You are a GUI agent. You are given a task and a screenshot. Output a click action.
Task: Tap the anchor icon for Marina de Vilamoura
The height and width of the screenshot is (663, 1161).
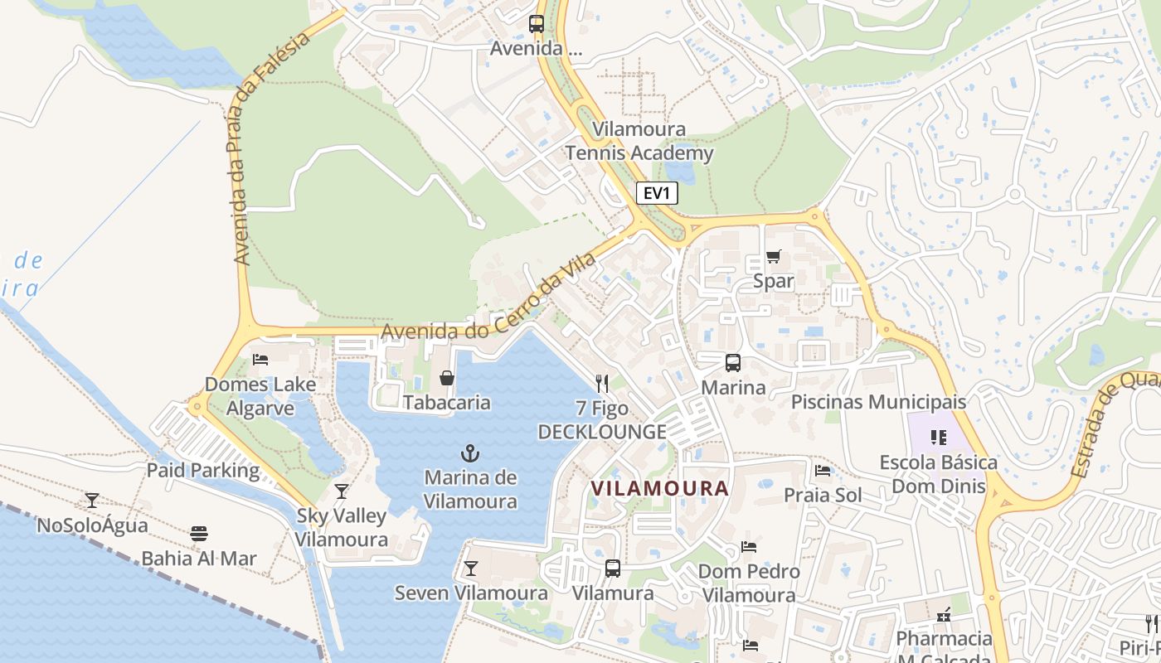pyautogui.click(x=470, y=453)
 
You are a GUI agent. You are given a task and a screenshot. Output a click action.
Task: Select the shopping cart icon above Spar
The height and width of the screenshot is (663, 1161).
pyautogui.click(x=773, y=256)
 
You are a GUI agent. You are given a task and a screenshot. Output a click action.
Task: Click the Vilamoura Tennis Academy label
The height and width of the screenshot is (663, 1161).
pyautogui.click(x=639, y=141)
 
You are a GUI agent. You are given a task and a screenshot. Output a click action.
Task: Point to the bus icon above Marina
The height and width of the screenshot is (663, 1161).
pyautogui.click(x=733, y=362)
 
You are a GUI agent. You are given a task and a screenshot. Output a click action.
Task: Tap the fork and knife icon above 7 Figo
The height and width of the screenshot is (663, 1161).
pyautogui.click(x=602, y=383)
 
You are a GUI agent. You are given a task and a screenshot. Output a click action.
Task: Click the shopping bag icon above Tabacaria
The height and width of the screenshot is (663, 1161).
pyautogui.click(x=447, y=378)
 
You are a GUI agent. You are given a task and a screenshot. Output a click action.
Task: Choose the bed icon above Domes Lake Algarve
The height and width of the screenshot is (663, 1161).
pyautogui.click(x=260, y=360)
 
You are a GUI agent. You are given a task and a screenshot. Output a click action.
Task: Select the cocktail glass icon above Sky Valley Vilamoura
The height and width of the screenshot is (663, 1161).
pyautogui.click(x=342, y=491)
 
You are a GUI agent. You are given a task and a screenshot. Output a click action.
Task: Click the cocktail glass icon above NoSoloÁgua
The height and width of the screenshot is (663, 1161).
pyautogui.click(x=92, y=501)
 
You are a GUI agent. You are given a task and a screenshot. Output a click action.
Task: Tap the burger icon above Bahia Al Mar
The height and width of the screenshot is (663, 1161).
pyautogui.click(x=198, y=533)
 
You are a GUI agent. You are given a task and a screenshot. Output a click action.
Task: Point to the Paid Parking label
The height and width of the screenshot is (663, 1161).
pyautogui.click(x=203, y=471)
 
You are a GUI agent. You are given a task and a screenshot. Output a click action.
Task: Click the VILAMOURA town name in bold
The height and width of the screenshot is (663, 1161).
pyautogui.click(x=660, y=488)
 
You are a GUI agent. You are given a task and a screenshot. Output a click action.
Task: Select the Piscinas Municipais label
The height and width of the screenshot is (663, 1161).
pyautogui.click(x=879, y=402)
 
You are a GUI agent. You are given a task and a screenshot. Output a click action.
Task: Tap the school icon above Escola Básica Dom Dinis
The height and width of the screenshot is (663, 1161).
pyautogui.click(x=939, y=437)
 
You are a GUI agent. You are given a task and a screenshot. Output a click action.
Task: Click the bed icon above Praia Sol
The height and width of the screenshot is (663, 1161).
pyautogui.click(x=823, y=471)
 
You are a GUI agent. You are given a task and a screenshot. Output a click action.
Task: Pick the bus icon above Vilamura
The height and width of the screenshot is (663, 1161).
pyautogui.click(x=613, y=569)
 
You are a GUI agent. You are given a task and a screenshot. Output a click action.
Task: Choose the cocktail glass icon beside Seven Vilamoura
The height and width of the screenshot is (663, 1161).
pyautogui.click(x=471, y=568)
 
